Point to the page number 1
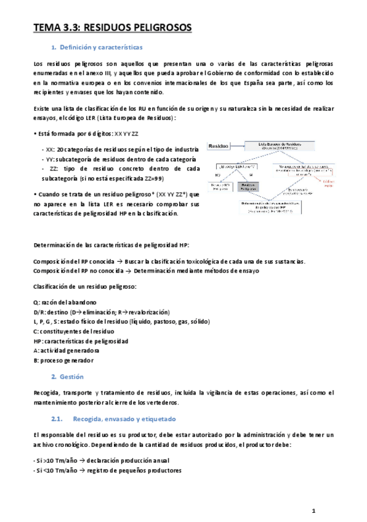tap(313, 511)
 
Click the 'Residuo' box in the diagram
tap(219, 146)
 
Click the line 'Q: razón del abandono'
tap(65, 302)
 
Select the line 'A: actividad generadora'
tap(67, 350)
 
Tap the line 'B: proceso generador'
tap(63, 360)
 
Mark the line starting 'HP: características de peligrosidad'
tap(81, 340)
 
